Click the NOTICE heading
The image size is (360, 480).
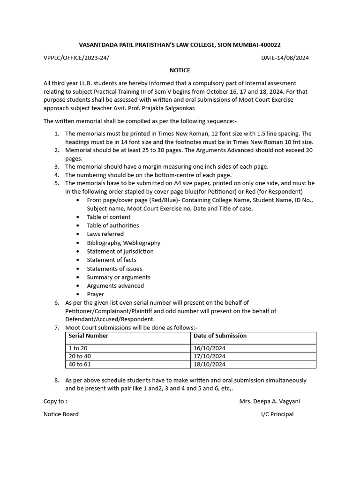(180, 70)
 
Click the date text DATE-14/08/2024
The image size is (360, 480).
(285, 58)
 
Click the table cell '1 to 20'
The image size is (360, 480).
(78, 348)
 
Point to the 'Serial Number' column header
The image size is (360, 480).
(88, 336)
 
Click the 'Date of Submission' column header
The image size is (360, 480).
(220, 336)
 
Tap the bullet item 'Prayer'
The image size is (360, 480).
(96, 294)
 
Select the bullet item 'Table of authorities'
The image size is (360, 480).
(112, 225)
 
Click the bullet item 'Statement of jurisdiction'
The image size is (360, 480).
(120, 251)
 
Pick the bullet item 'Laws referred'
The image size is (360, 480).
(105, 234)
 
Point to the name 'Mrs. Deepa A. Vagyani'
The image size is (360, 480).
(270, 401)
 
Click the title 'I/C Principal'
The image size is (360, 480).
(277, 414)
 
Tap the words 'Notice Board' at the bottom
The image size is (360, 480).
(61, 414)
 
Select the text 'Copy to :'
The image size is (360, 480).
(55, 401)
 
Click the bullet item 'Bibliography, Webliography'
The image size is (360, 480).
(123, 243)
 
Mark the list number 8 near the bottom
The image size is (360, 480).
(56, 380)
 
